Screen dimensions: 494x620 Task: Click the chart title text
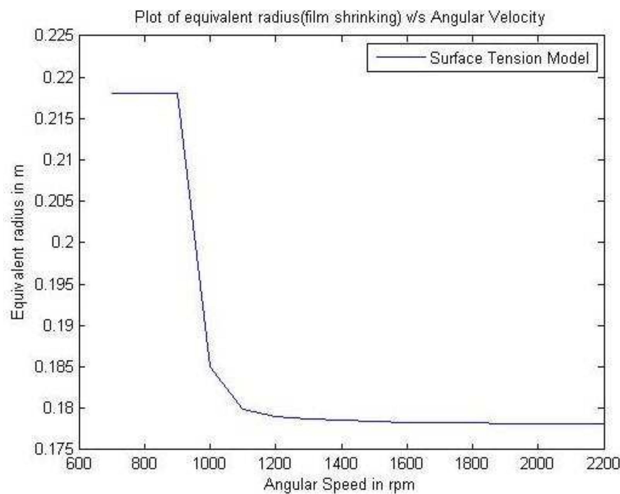pos(339,17)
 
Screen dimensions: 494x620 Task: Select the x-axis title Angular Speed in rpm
pos(339,484)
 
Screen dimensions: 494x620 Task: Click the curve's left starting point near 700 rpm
pos(112,93)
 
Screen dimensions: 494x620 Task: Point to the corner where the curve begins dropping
pos(178,93)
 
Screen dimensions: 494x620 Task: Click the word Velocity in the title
pos(519,17)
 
